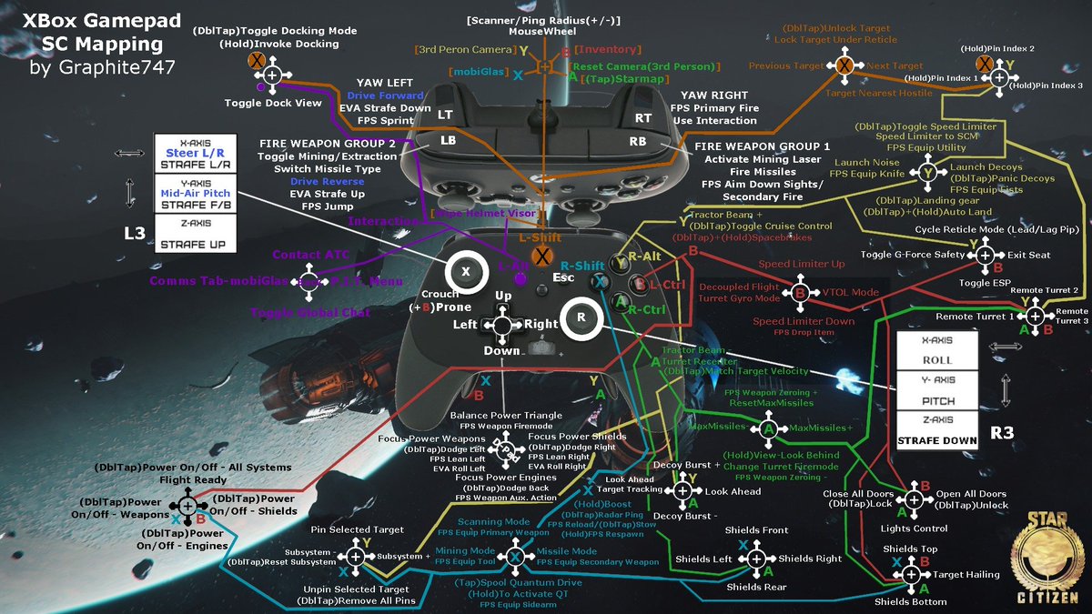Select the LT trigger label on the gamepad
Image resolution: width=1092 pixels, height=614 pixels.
[x=445, y=115]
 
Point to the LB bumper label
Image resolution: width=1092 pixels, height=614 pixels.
[x=447, y=142]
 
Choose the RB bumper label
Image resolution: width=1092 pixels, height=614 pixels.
[x=637, y=142]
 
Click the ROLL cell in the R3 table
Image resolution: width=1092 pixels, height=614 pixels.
[x=936, y=359]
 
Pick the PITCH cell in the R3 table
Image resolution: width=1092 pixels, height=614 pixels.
[x=936, y=399]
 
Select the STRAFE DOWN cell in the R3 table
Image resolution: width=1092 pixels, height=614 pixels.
[x=936, y=440]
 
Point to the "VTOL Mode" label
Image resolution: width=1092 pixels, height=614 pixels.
[x=850, y=292]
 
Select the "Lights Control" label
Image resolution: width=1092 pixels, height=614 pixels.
[x=914, y=528]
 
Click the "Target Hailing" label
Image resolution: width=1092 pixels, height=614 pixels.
[x=966, y=574]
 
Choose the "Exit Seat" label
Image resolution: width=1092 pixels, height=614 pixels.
[x=1029, y=255]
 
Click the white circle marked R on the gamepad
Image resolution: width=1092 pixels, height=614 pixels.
[x=580, y=317]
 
